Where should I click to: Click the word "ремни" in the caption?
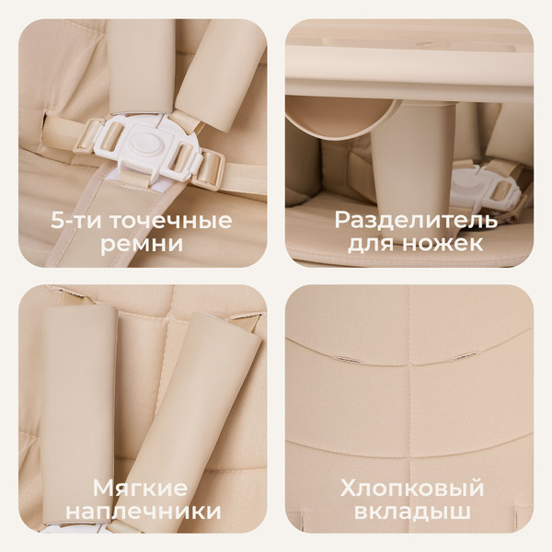[144, 245]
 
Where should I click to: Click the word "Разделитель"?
[416, 221]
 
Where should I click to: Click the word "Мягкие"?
[144, 488]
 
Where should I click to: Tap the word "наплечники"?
[144, 512]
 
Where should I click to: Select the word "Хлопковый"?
[410, 488]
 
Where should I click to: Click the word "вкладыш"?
[410, 512]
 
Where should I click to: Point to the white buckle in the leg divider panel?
[469, 184]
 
